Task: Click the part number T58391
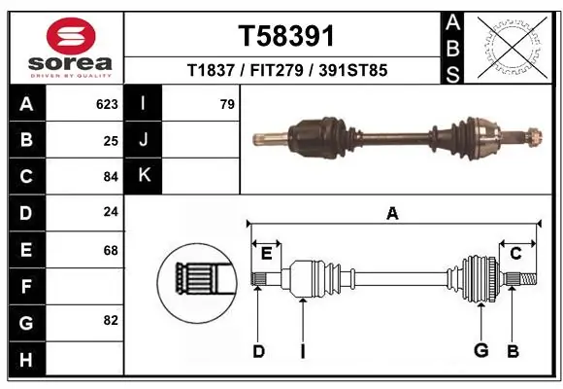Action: tap(286, 36)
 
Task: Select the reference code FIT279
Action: tap(286, 70)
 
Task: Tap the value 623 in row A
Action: tap(107, 104)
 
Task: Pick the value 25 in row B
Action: tap(111, 140)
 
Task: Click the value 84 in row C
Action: tap(111, 177)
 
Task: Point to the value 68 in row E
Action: tap(111, 250)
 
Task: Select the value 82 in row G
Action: tap(111, 320)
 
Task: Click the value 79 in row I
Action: tap(227, 104)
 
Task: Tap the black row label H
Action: tap(25, 360)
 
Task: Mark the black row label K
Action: tap(144, 176)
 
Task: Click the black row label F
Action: tap(25, 287)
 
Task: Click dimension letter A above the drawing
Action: tap(392, 214)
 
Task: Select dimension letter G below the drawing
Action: tap(480, 350)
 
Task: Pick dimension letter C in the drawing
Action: tap(515, 254)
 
